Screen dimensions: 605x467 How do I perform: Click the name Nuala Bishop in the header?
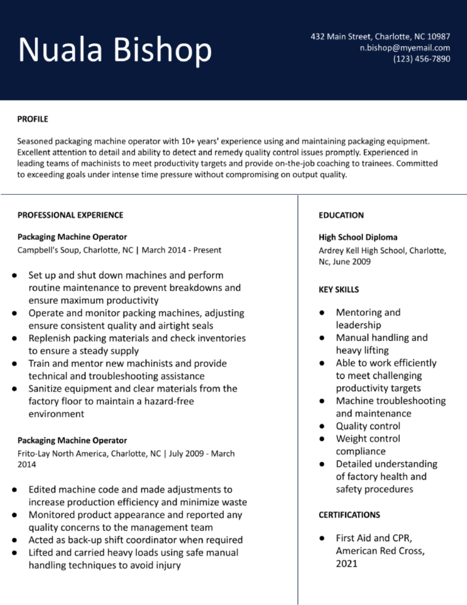115,50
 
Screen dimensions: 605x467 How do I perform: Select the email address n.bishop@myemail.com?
404,47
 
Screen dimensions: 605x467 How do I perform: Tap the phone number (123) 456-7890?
421,59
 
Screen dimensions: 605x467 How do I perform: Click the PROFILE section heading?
33,119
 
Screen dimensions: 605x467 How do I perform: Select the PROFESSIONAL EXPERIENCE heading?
70,215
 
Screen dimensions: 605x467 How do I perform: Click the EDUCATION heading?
341,215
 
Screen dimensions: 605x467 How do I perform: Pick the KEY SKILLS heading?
339,290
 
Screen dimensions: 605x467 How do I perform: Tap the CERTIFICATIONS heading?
349,515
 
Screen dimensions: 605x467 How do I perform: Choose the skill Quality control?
368,426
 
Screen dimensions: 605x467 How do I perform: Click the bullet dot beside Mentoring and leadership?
323,313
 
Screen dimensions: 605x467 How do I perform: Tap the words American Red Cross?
380,551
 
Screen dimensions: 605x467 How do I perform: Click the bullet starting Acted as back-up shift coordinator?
136,540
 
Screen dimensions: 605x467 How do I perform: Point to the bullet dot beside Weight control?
323,439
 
